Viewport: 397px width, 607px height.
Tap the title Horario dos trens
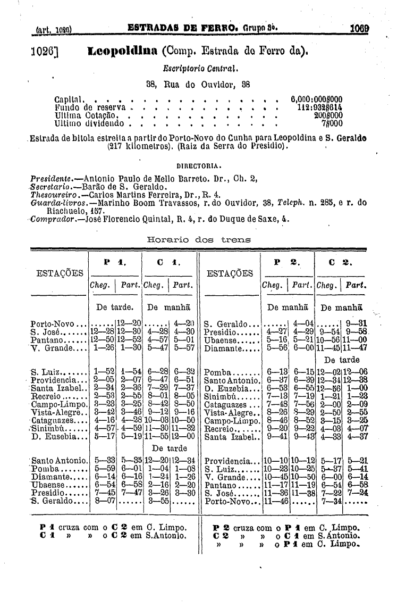[198, 240]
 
